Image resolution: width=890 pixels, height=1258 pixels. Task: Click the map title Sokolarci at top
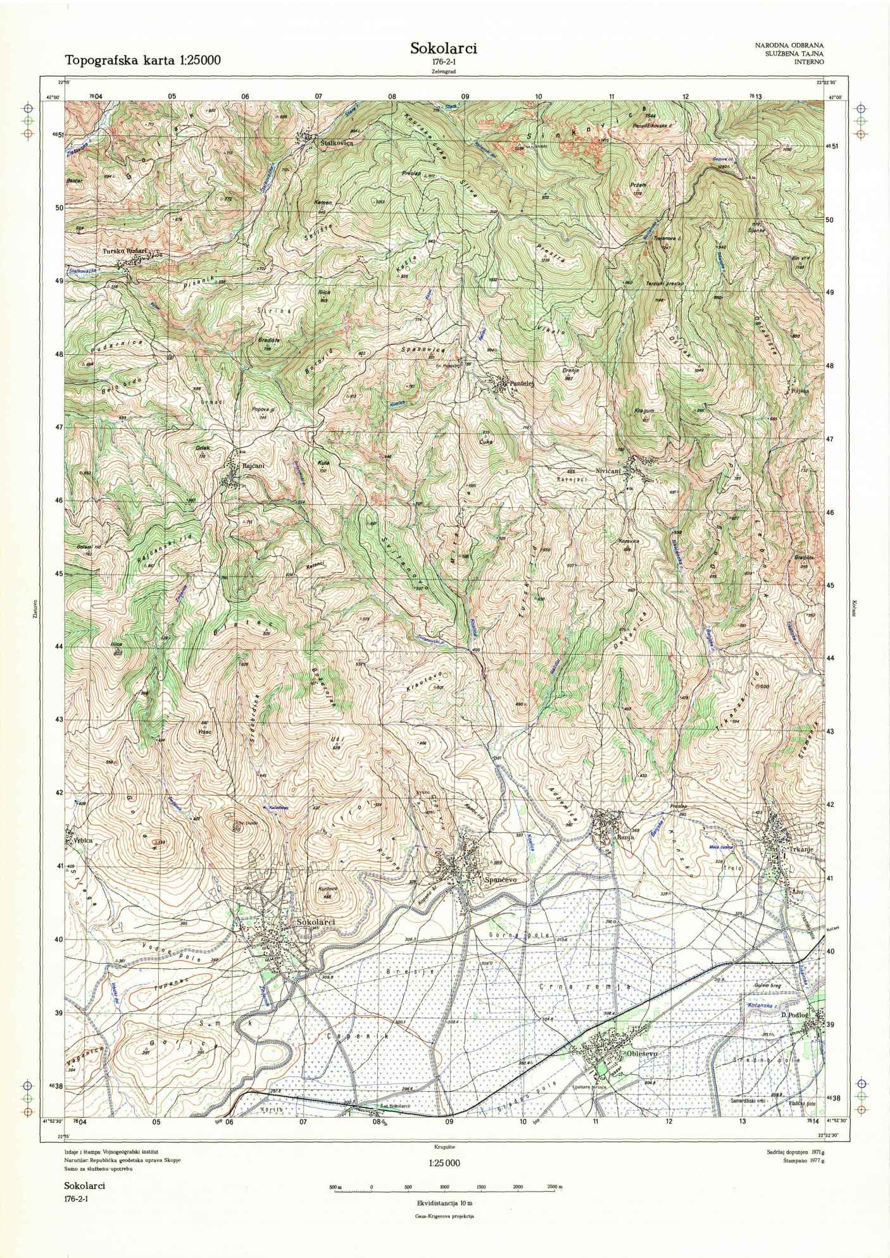[443, 49]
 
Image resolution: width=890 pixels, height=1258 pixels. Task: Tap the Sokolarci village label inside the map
[314, 922]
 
